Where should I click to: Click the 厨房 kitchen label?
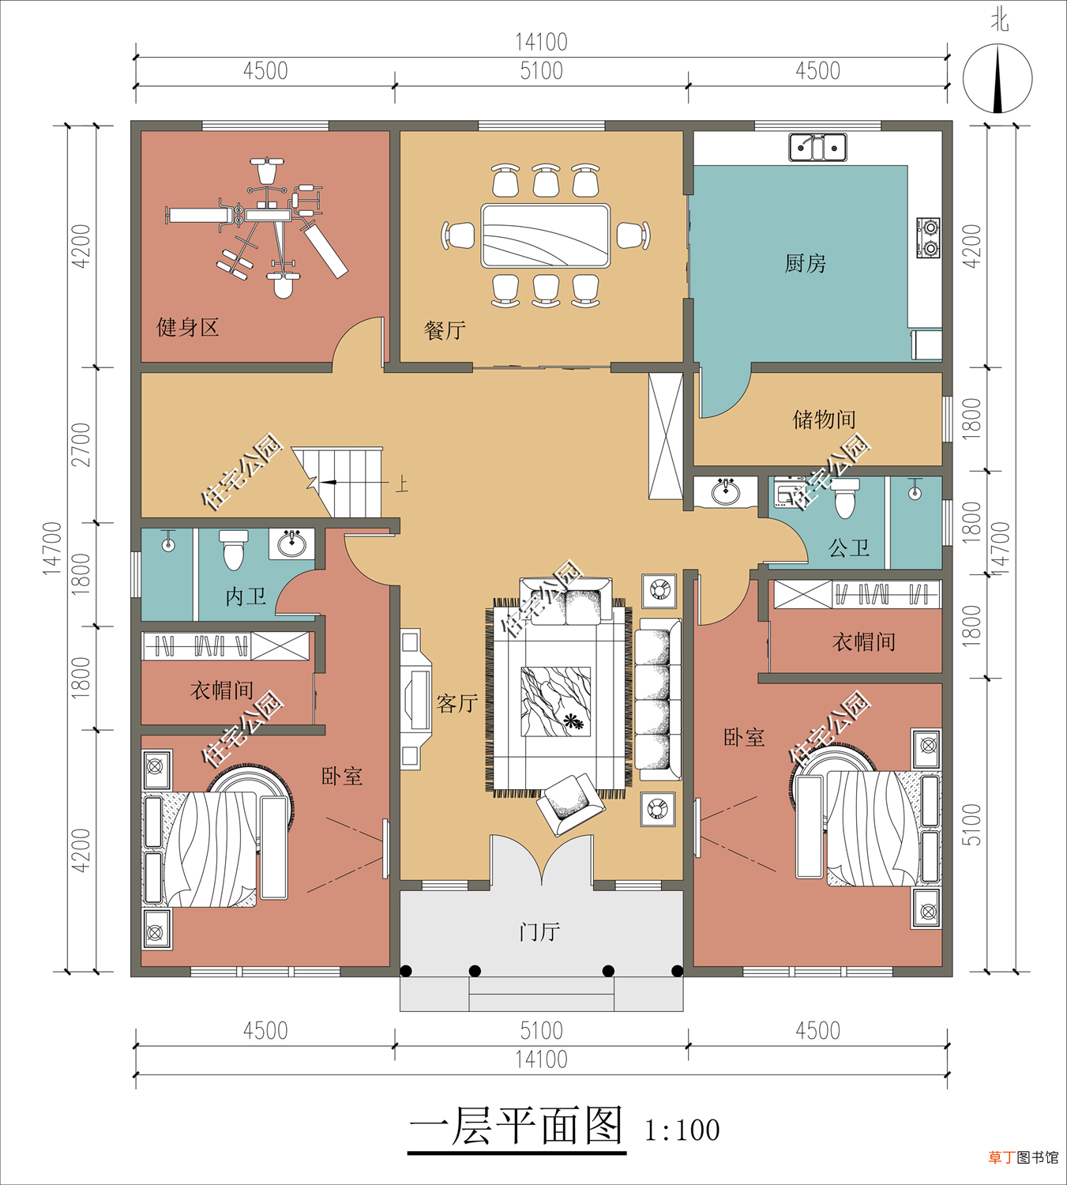(805, 263)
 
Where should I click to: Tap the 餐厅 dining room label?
(445, 329)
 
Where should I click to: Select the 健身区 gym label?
(188, 327)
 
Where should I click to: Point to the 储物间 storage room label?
(825, 419)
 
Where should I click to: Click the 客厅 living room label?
(456, 703)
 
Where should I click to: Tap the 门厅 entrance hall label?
(540, 931)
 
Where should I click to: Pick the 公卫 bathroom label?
(849, 548)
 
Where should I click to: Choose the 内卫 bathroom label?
(246, 596)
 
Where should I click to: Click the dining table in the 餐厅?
(545, 235)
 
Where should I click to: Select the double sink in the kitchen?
(817, 147)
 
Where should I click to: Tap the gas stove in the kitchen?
(928, 238)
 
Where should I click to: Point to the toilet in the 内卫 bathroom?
(233, 549)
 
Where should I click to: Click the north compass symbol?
(997, 77)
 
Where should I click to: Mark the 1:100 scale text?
(682, 1130)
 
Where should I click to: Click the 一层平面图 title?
(516, 1126)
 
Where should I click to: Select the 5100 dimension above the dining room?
(541, 71)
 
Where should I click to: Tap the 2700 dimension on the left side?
(81, 444)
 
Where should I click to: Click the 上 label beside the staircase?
(402, 484)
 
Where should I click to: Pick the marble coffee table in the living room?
(555, 702)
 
